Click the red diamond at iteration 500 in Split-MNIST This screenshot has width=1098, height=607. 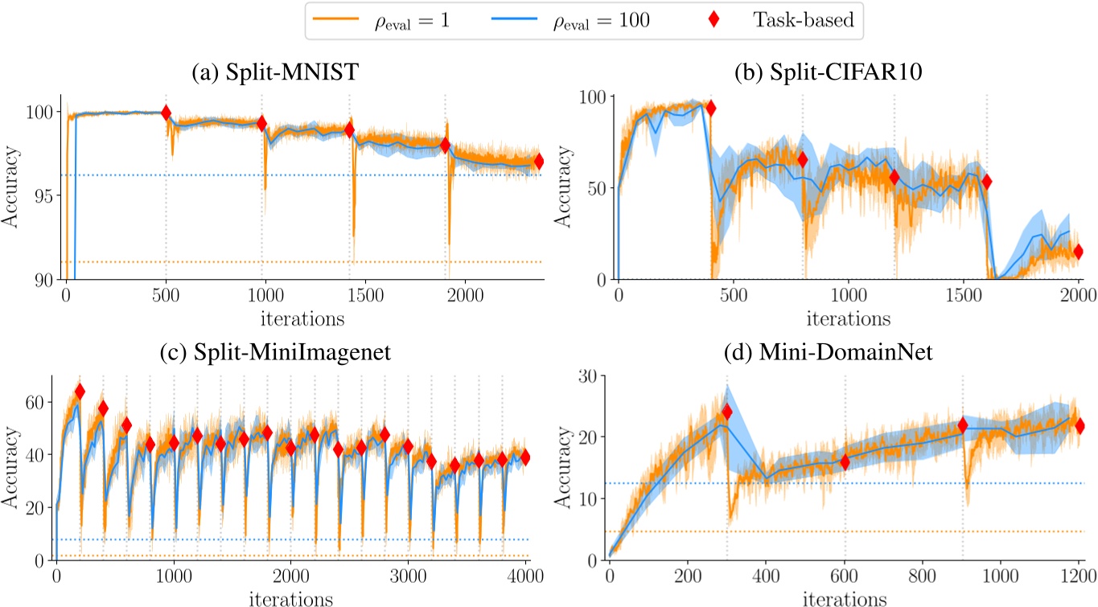tap(166, 113)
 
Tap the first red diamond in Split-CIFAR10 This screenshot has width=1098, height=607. tap(710, 109)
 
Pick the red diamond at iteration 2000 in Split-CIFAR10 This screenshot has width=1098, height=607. tap(1079, 252)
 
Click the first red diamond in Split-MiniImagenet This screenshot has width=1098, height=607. tap(80, 392)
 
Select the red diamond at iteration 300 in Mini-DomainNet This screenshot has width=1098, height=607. tap(727, 412)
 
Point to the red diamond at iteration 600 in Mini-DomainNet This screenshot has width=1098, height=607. tap(845, 461)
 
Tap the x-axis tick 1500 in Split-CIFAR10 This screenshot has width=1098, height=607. tap(964, 295)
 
